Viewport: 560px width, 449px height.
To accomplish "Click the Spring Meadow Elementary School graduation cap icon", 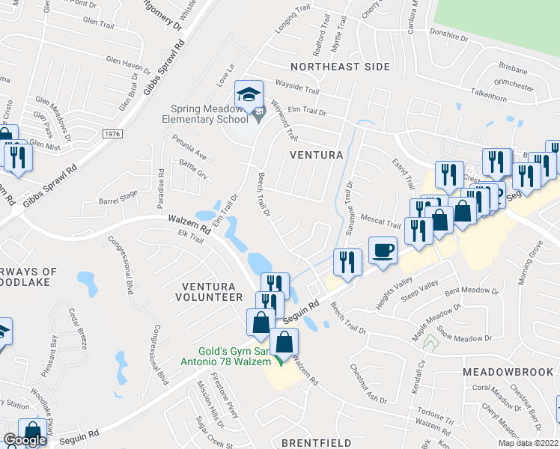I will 249,94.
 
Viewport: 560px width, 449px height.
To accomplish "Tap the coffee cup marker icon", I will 383,250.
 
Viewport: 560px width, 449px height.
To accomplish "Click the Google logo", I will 25,440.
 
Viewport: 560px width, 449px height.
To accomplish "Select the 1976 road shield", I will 112,133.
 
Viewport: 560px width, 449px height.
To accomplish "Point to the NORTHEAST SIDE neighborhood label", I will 341,67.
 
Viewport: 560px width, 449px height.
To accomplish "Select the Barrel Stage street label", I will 119,196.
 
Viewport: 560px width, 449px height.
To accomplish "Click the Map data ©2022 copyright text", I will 528,443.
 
